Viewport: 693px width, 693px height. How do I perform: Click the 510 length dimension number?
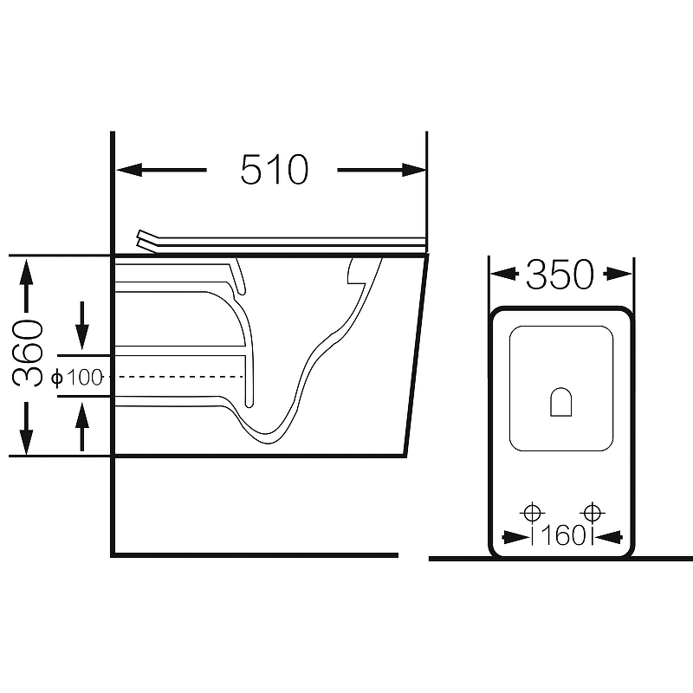[274, 169]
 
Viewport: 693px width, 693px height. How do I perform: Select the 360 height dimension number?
[28, 353]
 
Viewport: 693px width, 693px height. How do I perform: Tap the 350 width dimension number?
[560, 275]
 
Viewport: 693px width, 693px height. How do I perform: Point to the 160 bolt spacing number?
[562, 535]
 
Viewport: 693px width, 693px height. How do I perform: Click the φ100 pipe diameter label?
[77, 378]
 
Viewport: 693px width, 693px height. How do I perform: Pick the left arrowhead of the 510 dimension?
[129, 170]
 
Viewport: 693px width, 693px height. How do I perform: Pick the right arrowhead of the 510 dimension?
[414, 170]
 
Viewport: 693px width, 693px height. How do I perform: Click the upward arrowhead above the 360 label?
[26, 272]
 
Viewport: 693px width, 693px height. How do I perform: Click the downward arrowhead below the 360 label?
[26, 442]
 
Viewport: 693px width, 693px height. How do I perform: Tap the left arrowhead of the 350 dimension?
[504, 274]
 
